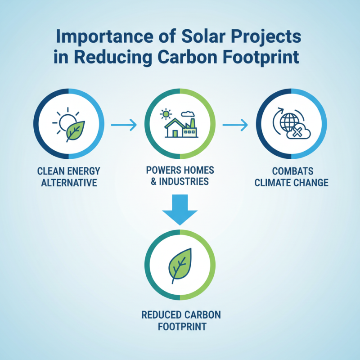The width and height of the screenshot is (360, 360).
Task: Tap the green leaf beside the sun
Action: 75,129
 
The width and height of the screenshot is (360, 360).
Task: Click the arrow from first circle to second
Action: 124,126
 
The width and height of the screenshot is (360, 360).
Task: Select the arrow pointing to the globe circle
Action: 235,125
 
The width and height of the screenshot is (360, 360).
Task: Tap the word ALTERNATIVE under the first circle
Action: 69,182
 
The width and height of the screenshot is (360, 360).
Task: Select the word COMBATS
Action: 291,171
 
